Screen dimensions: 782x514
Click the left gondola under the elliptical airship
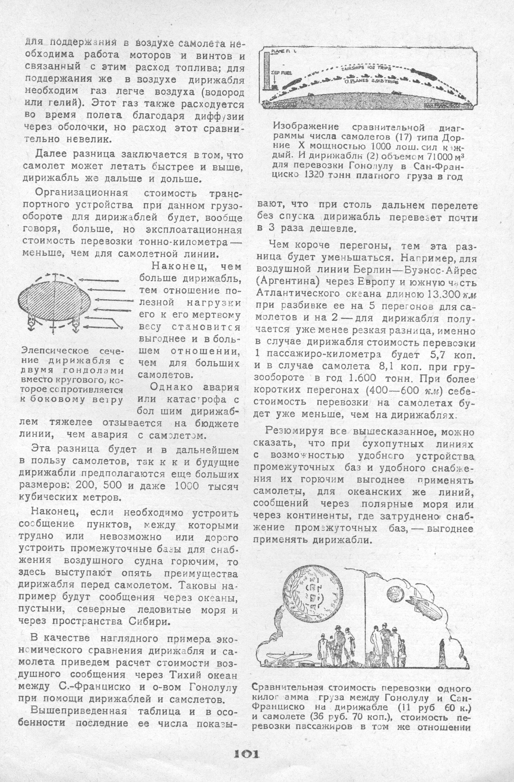point(32,324)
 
